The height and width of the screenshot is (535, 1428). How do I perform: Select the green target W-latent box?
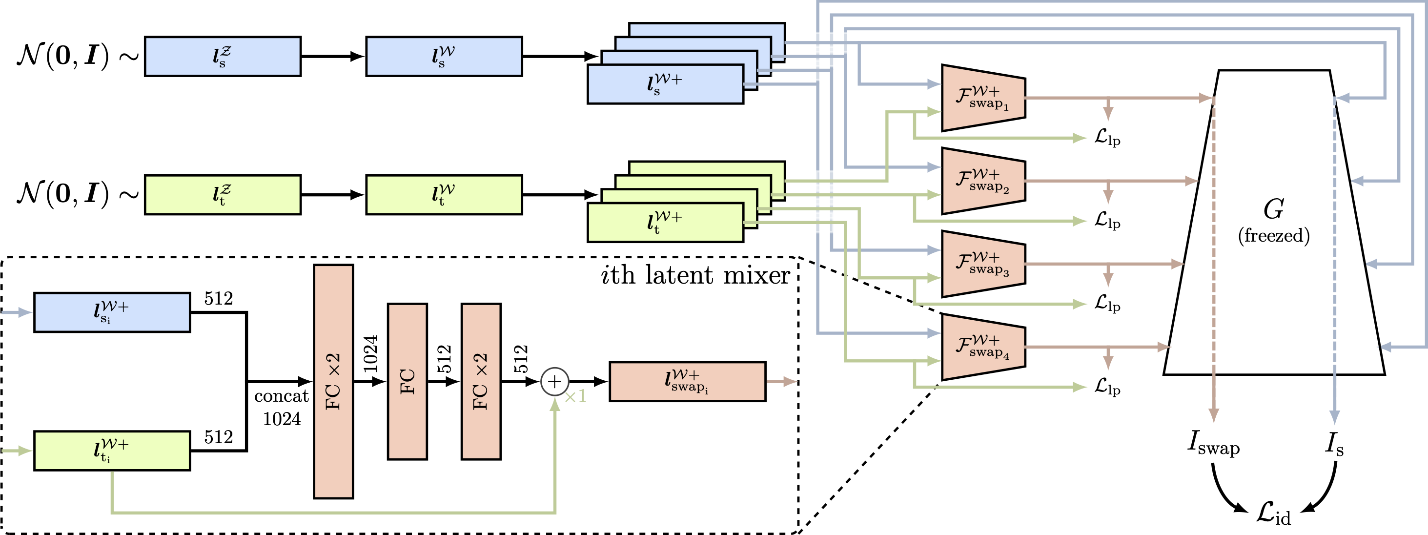pos(444,195)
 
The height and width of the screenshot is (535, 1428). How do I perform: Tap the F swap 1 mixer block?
pos(983,98)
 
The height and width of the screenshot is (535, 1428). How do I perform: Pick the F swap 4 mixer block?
pos(983,347)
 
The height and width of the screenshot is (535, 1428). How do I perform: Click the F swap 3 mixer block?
pos(983,264)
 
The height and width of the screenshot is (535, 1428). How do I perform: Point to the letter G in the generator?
pos(1273,209)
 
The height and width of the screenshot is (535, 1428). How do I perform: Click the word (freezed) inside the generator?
pos(1273,236)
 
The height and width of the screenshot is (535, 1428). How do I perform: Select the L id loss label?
pos(1273,513)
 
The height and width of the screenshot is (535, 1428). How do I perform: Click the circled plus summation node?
pos(554,381)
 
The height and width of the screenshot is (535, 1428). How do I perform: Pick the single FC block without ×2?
pos(407,381)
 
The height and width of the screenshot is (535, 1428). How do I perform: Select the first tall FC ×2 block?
pos(333,381)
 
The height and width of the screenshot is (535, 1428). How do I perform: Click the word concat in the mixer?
pos(281,396)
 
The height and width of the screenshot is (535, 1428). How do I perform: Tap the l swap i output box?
pos(687,381)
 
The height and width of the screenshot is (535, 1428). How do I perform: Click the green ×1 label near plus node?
pos(575,397)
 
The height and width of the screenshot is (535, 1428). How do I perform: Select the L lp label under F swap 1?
pos(1107,138)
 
